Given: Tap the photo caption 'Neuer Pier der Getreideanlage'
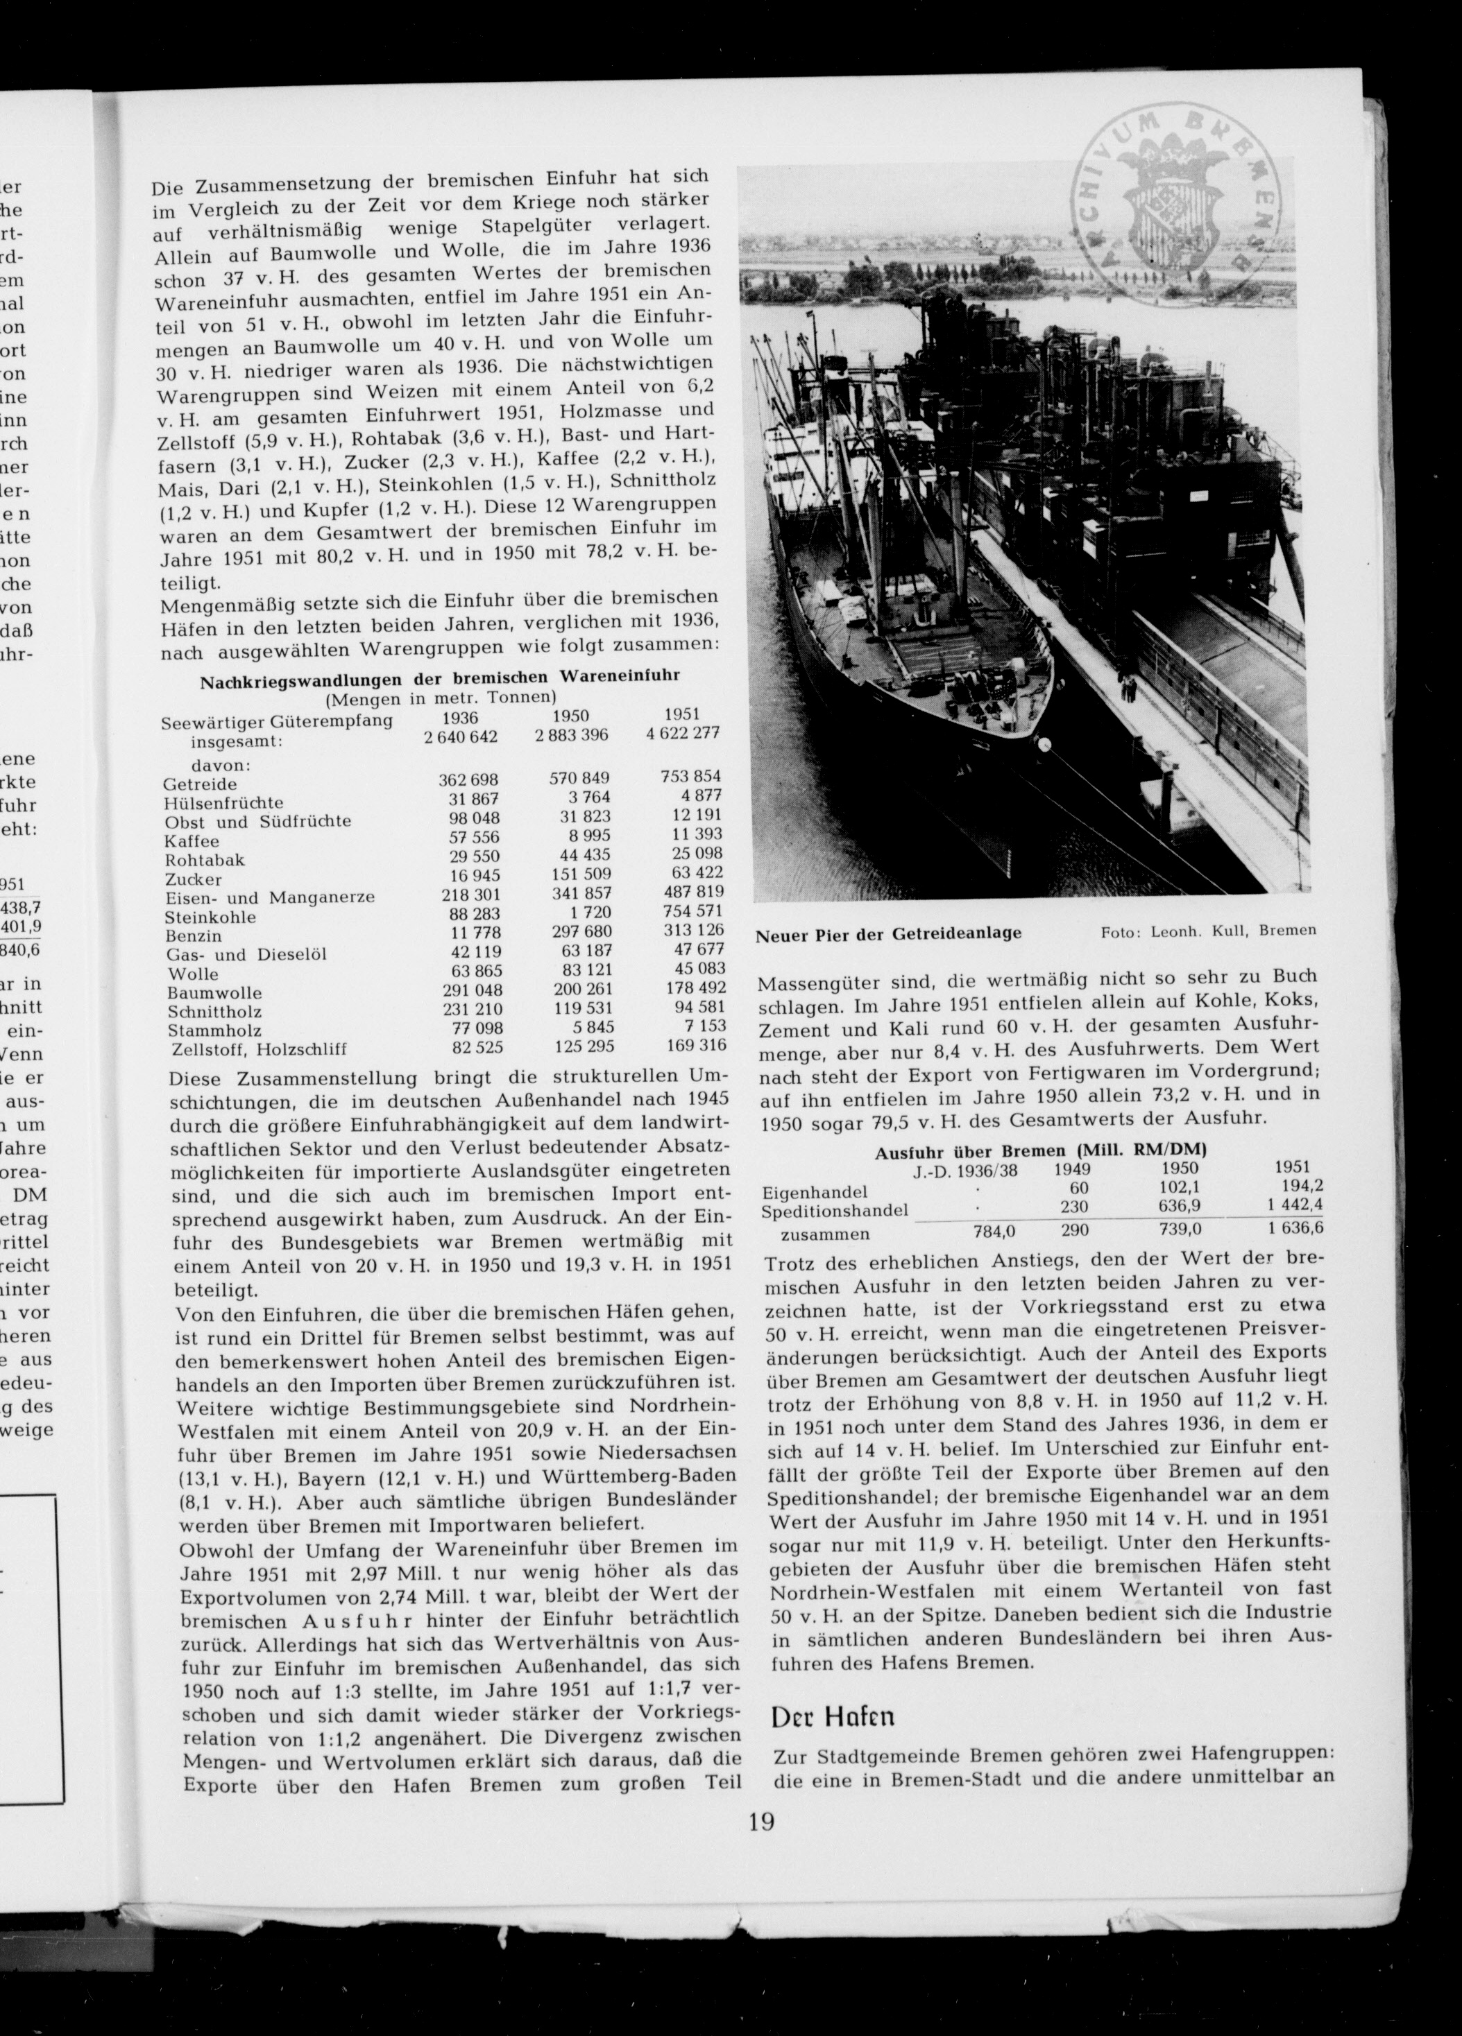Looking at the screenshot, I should click(x=888, y=933).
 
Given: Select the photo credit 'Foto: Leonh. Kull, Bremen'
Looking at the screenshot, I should click(x=1208, y=930).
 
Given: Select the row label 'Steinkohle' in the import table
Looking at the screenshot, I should click(x=210, y=917).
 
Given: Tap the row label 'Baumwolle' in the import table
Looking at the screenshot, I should click(x=214, y=993).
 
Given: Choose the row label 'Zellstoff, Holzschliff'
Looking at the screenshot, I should click(x=257, y=1049).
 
